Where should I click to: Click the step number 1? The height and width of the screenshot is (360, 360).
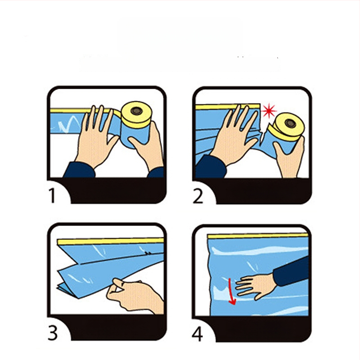[52, 196]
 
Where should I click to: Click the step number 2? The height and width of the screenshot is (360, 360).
[198, 196]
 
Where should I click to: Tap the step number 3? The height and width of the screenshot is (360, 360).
[53, 333]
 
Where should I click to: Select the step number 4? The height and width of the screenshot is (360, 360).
[198, 334]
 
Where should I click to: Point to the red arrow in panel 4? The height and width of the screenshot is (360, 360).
[232, 292]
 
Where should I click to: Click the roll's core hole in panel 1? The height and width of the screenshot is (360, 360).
[137, 111]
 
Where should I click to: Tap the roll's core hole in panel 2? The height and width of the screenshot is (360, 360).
[290, 123]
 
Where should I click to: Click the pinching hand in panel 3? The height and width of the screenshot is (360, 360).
[134, 295]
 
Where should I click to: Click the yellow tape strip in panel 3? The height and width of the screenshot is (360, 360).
[110, 241]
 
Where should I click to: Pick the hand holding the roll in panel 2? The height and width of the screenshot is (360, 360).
[289, 156]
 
